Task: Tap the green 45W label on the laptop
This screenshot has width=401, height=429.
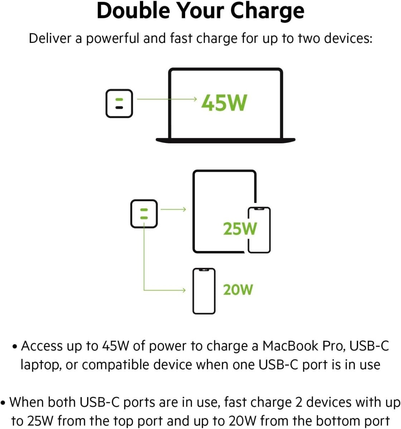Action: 224,103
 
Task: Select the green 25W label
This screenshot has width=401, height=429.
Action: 240,229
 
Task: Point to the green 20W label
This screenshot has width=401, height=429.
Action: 238,290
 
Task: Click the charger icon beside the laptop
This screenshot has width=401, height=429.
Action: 119,103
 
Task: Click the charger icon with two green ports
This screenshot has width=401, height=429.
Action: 144,213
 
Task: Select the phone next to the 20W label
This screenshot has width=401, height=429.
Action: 204,291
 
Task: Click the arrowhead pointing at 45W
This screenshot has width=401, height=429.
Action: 195,99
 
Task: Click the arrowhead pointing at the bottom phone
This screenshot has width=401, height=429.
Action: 184,290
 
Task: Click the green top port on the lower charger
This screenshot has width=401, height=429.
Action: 144,210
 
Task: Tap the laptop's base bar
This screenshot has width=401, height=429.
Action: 226,140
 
